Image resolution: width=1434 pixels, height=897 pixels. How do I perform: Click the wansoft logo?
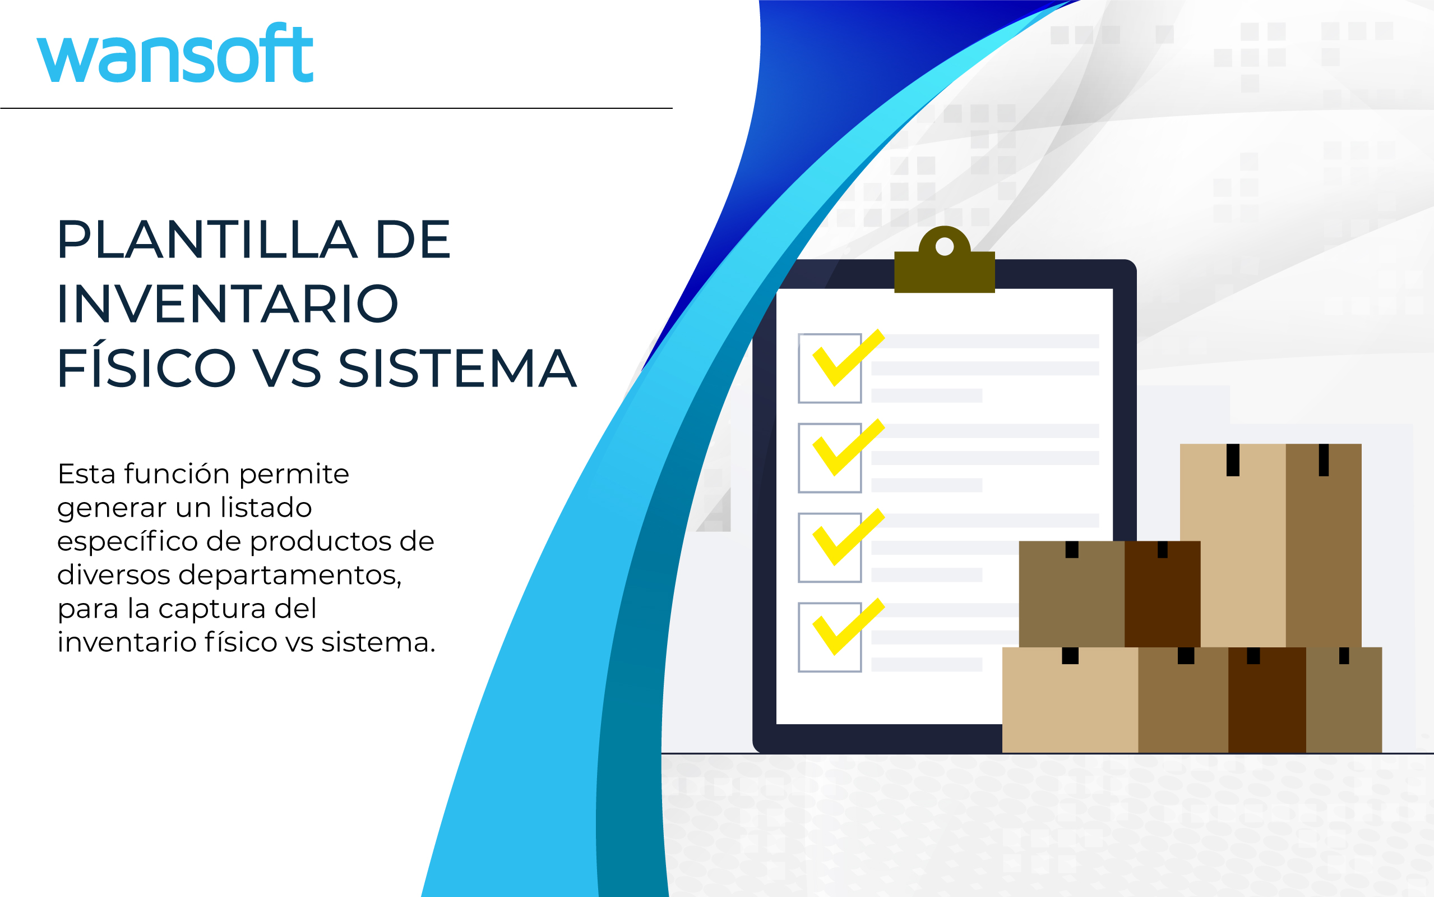[175, 53]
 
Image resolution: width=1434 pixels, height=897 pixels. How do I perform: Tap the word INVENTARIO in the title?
[228, 303]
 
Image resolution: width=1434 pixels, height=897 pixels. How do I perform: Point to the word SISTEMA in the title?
[457, 369]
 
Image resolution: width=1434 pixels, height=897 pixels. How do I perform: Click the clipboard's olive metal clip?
[945, 261]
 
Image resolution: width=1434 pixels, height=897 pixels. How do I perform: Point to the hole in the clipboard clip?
[945, 246]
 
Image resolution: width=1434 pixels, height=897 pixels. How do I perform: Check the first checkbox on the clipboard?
[830, 369]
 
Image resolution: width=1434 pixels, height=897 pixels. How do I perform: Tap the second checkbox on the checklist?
[830, 458]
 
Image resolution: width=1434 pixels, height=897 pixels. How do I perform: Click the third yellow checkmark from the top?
[848, 537]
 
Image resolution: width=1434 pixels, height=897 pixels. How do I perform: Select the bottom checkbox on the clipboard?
[830, 637]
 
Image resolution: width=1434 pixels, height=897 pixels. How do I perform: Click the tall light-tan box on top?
[1270, 545]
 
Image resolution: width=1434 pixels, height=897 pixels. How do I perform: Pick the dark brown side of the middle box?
[1163, 594]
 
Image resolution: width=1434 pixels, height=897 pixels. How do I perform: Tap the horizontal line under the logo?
[336, 108]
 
